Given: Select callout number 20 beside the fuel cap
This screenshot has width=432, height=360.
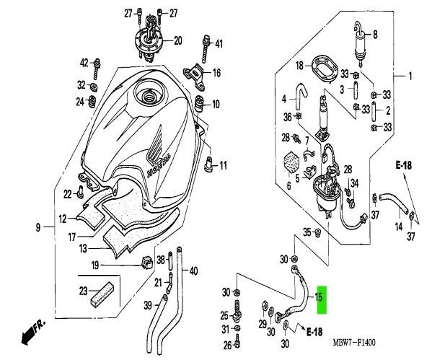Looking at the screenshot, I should pos(177,40).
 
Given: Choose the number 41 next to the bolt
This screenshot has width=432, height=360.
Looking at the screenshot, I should pos(219,44).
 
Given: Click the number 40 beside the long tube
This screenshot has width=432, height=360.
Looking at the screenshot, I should pos(193,271).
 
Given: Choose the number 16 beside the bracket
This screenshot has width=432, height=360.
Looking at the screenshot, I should pos(216,74).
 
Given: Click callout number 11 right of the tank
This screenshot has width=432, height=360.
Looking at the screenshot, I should pos(223,165).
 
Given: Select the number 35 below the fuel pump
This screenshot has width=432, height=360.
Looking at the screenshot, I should pos(307,232).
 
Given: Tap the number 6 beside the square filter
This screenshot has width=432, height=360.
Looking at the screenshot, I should pos(289,185).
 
